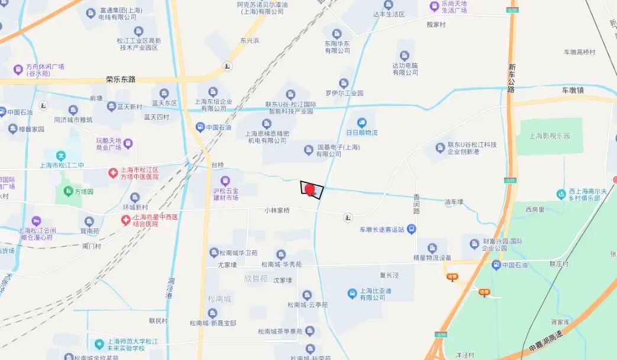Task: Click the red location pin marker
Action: point(309,188)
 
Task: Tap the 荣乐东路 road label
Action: point(121,79)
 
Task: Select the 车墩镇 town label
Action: point(573,90)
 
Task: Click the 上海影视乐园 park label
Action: point(550,136)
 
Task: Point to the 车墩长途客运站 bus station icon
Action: point(412,229)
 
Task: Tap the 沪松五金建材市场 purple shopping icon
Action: point(224,181)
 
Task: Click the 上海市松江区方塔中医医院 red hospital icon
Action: point(112,173)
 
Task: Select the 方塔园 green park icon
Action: point(65,192)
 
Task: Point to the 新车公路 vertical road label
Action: point(511,78)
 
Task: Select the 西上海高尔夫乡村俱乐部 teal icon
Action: point(561,194)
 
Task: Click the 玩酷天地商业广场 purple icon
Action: point(128,143)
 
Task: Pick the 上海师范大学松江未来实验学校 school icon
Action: point(99,344)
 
